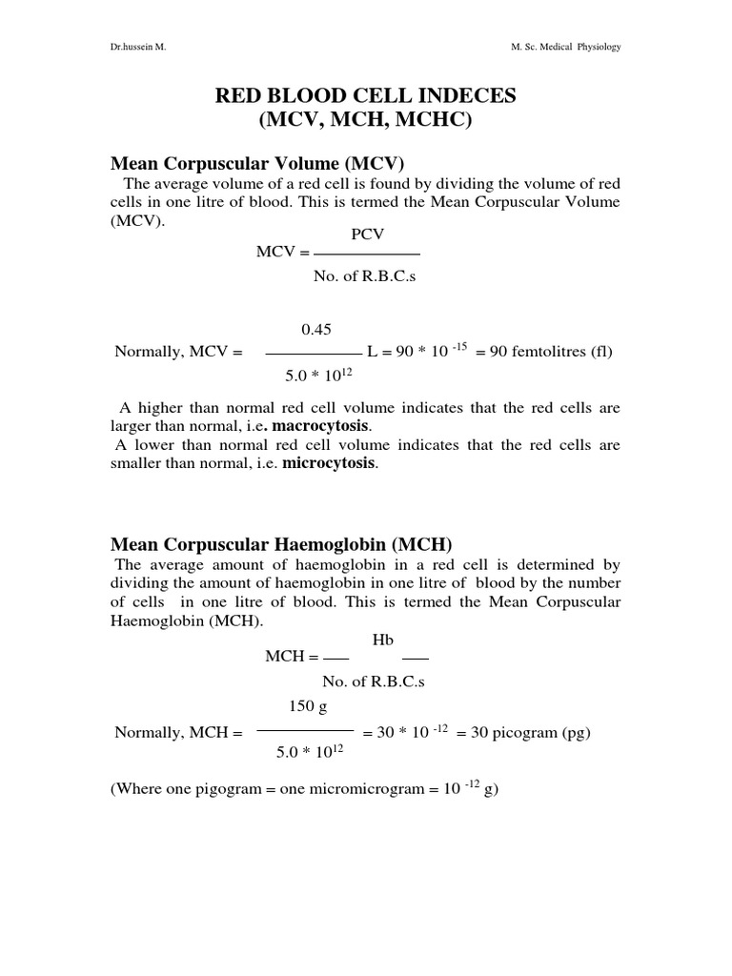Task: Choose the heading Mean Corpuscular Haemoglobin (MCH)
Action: [x=281, y=543]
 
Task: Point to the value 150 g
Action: [x=307, y=705]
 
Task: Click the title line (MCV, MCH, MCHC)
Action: [x=365, y=122]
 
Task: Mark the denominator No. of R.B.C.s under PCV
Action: [x=365, y=276]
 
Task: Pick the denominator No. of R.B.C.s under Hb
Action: [x=374, y=681]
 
